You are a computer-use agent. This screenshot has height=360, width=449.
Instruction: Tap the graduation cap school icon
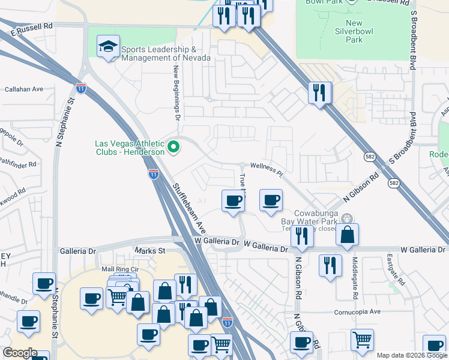(108, 47)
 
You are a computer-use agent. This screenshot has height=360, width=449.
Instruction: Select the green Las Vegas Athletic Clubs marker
(173, 146)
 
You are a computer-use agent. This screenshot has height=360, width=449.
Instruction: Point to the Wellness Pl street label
(266, 165)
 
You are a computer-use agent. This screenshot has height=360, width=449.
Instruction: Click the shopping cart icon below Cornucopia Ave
(362, 340)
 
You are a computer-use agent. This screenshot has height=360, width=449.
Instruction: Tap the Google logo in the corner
(19, 353)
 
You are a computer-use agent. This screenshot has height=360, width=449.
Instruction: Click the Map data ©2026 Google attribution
(412, 355)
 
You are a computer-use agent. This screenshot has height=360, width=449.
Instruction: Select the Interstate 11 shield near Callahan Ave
(81, 89)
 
